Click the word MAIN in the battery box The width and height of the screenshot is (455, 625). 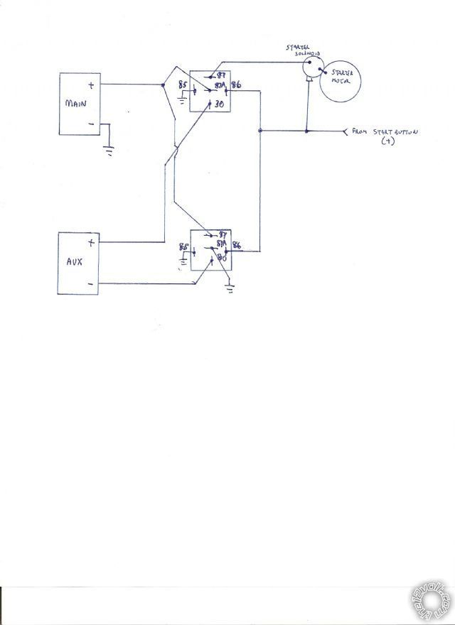tap(76, 104)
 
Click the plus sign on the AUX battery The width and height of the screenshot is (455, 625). tap(92, 242)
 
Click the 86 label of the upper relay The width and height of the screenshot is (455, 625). tap(236, 86)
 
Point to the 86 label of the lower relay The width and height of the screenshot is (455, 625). tap(236, 246)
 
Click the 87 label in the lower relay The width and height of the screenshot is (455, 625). tap(223, 234)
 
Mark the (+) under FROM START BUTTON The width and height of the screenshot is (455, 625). tap(387, 142)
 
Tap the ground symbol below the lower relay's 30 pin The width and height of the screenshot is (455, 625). tap(229, 288)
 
